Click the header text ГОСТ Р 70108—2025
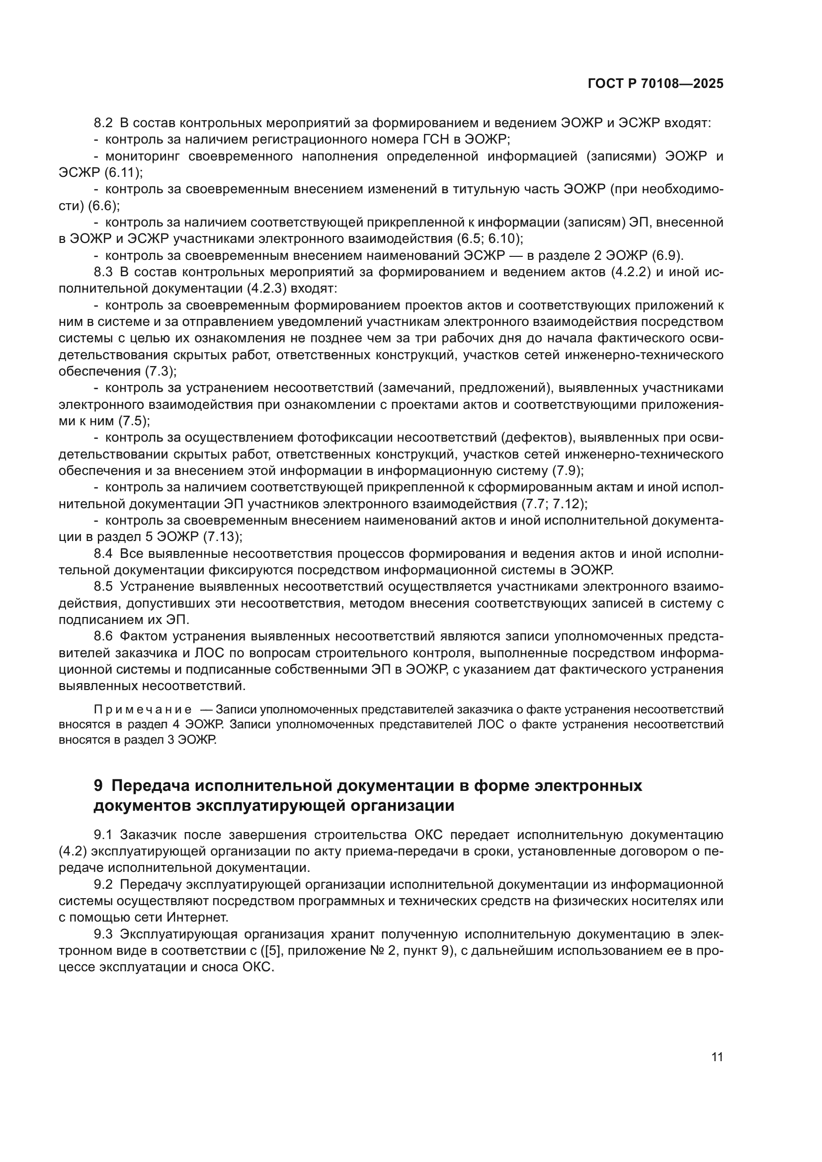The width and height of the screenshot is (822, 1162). (x=656, y=84)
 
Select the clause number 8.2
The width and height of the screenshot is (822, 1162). (x=104, y=123)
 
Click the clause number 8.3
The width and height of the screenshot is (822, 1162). (x=104, y=272)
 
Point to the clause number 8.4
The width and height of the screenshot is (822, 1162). (x=104, y=553)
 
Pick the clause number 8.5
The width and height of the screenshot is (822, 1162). (x=104, y=587)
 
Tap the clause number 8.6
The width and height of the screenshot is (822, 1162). (x=104, y=636)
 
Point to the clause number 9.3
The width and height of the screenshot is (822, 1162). (x=104, y=934)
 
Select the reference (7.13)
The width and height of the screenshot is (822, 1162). (x=222, y=537)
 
